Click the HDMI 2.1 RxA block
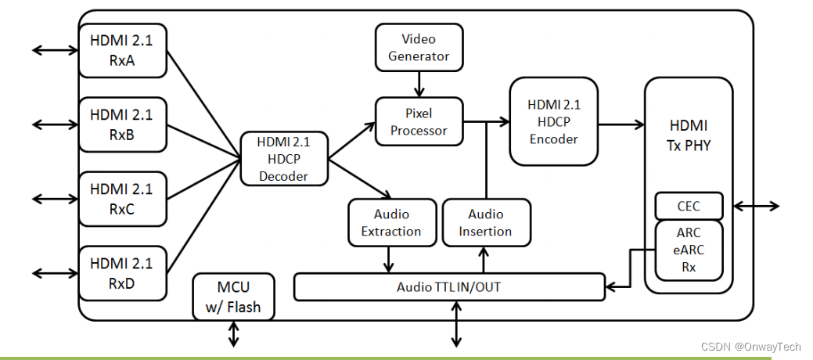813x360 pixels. click(x=123, y=50)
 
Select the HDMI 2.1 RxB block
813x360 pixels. click(x=123, y=124)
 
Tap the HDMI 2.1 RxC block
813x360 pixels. click(x=123, y=199)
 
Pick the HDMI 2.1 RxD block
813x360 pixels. click(x=123, y=272)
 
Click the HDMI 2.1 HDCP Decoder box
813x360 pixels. click(x=283, y=159)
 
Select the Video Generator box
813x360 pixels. click(x=419, y=47)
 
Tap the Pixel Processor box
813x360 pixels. click(x=419, y=121)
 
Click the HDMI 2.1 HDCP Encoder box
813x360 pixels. click(x=553, y=121)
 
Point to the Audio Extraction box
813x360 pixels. click(x=391, y=222)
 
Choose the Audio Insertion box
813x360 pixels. click(x=485, y=222)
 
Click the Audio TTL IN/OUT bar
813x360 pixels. click(x=448, y=287)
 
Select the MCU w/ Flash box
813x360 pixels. click(x=234, y=297)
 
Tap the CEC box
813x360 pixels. click(x=689, y=206)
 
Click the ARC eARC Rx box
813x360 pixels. click(x=689, y=250)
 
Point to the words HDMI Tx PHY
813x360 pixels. click(x=689, y=135)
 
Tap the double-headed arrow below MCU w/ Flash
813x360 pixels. click(x=234, y=334)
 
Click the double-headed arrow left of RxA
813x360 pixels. click(x=55, y=51)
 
